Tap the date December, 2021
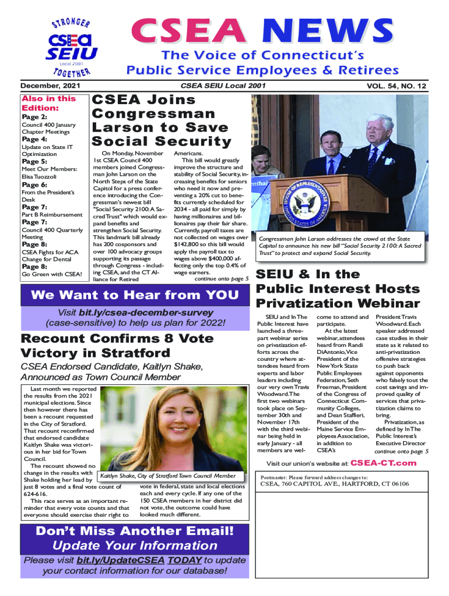click(51, 86)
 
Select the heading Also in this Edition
click(48, 103)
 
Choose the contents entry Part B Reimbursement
click(52, 215)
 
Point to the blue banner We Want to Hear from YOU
click(135, 295)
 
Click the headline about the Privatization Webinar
click(338, 289)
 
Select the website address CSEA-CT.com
click(383, 463)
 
